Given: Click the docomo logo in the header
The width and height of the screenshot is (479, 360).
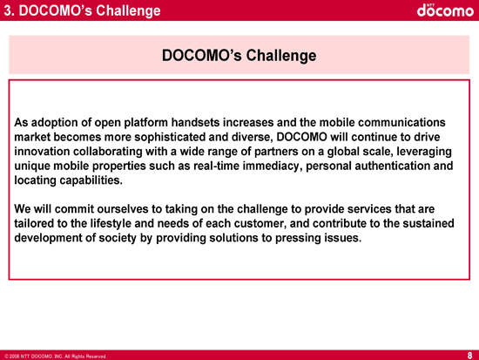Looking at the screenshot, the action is click(x=445, y=10).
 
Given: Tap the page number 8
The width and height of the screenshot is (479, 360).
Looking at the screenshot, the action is click(x=469, y=355).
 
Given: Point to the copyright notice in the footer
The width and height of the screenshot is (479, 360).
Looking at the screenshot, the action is click(x=56, y=357).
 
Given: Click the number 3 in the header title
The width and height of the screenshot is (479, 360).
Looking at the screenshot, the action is click(x=8, y=10).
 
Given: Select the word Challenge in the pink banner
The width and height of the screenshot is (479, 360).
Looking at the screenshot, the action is click(x=281, y=56).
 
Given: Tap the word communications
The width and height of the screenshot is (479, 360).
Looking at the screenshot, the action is click(x=401, y=122).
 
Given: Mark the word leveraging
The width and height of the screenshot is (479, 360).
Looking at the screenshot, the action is click(x=424, y=152).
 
